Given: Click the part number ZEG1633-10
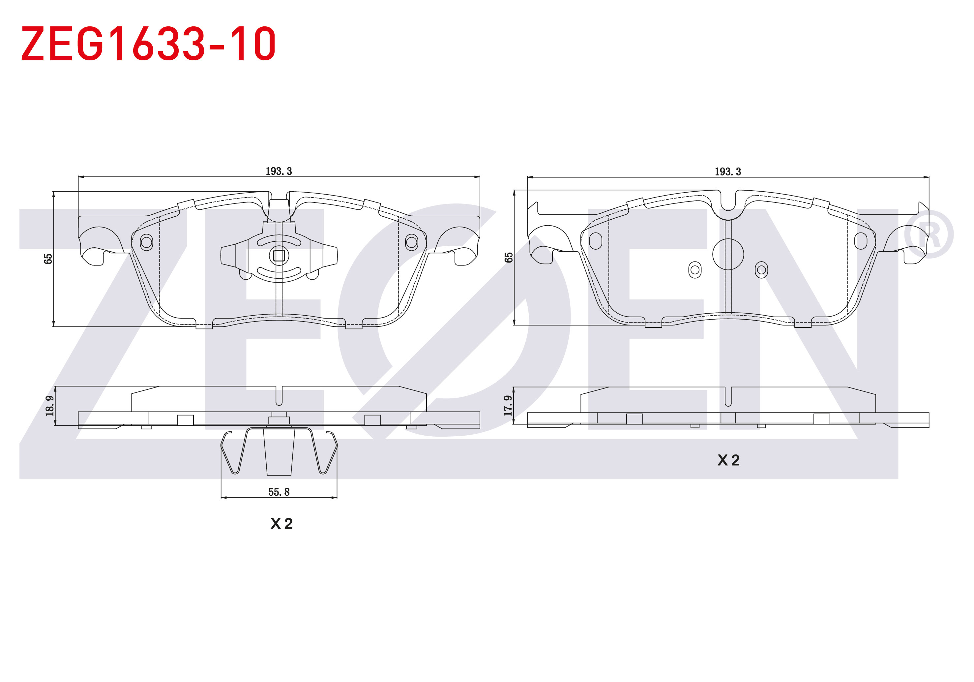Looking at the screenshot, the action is click(x=148, y=43).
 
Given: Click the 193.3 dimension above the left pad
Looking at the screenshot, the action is click(x=279, y=171).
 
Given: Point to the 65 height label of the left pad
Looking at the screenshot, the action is click(x=48, y=259).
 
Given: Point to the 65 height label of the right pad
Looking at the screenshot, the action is click(x=508, y=258).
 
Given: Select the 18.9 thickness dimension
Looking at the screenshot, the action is click(x=50, y=405).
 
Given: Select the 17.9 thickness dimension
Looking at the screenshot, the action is click(x=508, y=405).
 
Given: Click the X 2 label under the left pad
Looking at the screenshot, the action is click(x=281, y=524).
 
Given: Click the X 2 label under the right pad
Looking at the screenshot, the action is click(x=728, y=460).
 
